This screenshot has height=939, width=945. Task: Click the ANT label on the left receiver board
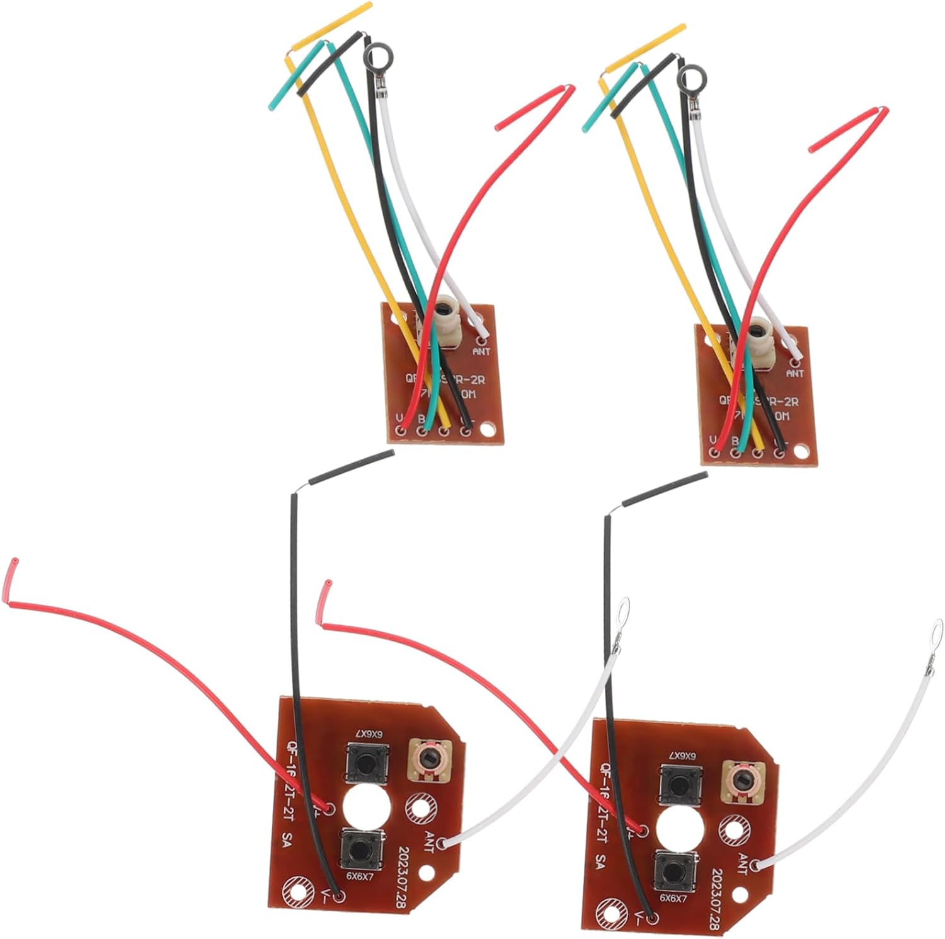pos(481,352)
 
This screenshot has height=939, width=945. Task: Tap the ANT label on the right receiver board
pos(795,374)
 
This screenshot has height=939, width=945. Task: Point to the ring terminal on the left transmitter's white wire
pos(625,609)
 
